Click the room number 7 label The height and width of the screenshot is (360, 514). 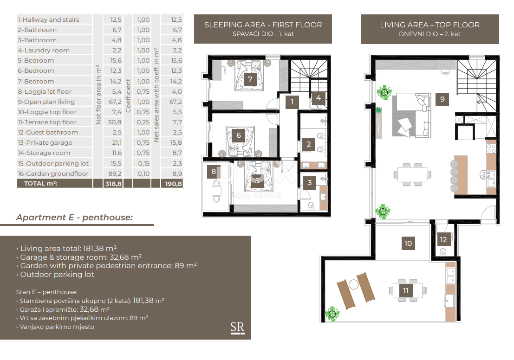click(250, 79)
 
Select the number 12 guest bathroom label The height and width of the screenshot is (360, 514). click(443, 239)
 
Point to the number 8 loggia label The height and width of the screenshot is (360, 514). click(214, 171)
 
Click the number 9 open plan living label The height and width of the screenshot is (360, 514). click(442, 99)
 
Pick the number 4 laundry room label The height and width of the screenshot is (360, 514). click(318, 98)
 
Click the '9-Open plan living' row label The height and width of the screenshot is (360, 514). click(46, 102)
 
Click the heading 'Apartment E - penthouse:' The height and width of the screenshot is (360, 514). click(74, 217)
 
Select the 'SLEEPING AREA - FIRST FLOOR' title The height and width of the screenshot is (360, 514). click(263, 25)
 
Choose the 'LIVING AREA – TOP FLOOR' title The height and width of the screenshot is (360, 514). click(429, 25)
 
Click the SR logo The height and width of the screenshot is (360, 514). click(237, 328)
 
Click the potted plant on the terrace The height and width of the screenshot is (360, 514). click(333, 314)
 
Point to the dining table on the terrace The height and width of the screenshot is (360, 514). click(408, 290)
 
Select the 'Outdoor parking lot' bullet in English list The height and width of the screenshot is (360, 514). click(57, 274)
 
